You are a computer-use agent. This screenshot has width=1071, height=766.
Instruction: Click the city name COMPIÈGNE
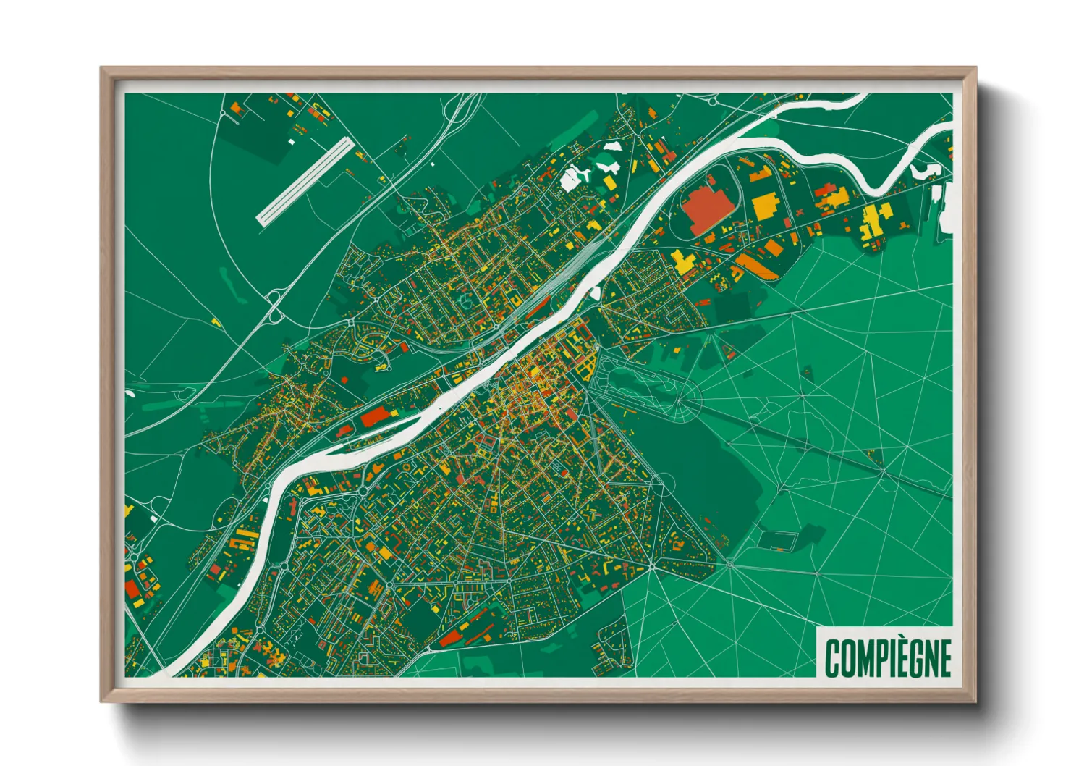(x=888, y=657)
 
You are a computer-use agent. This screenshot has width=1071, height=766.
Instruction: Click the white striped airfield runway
(x=305, y=181)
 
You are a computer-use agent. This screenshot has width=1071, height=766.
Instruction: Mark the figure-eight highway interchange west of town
(x=275, y=306)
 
